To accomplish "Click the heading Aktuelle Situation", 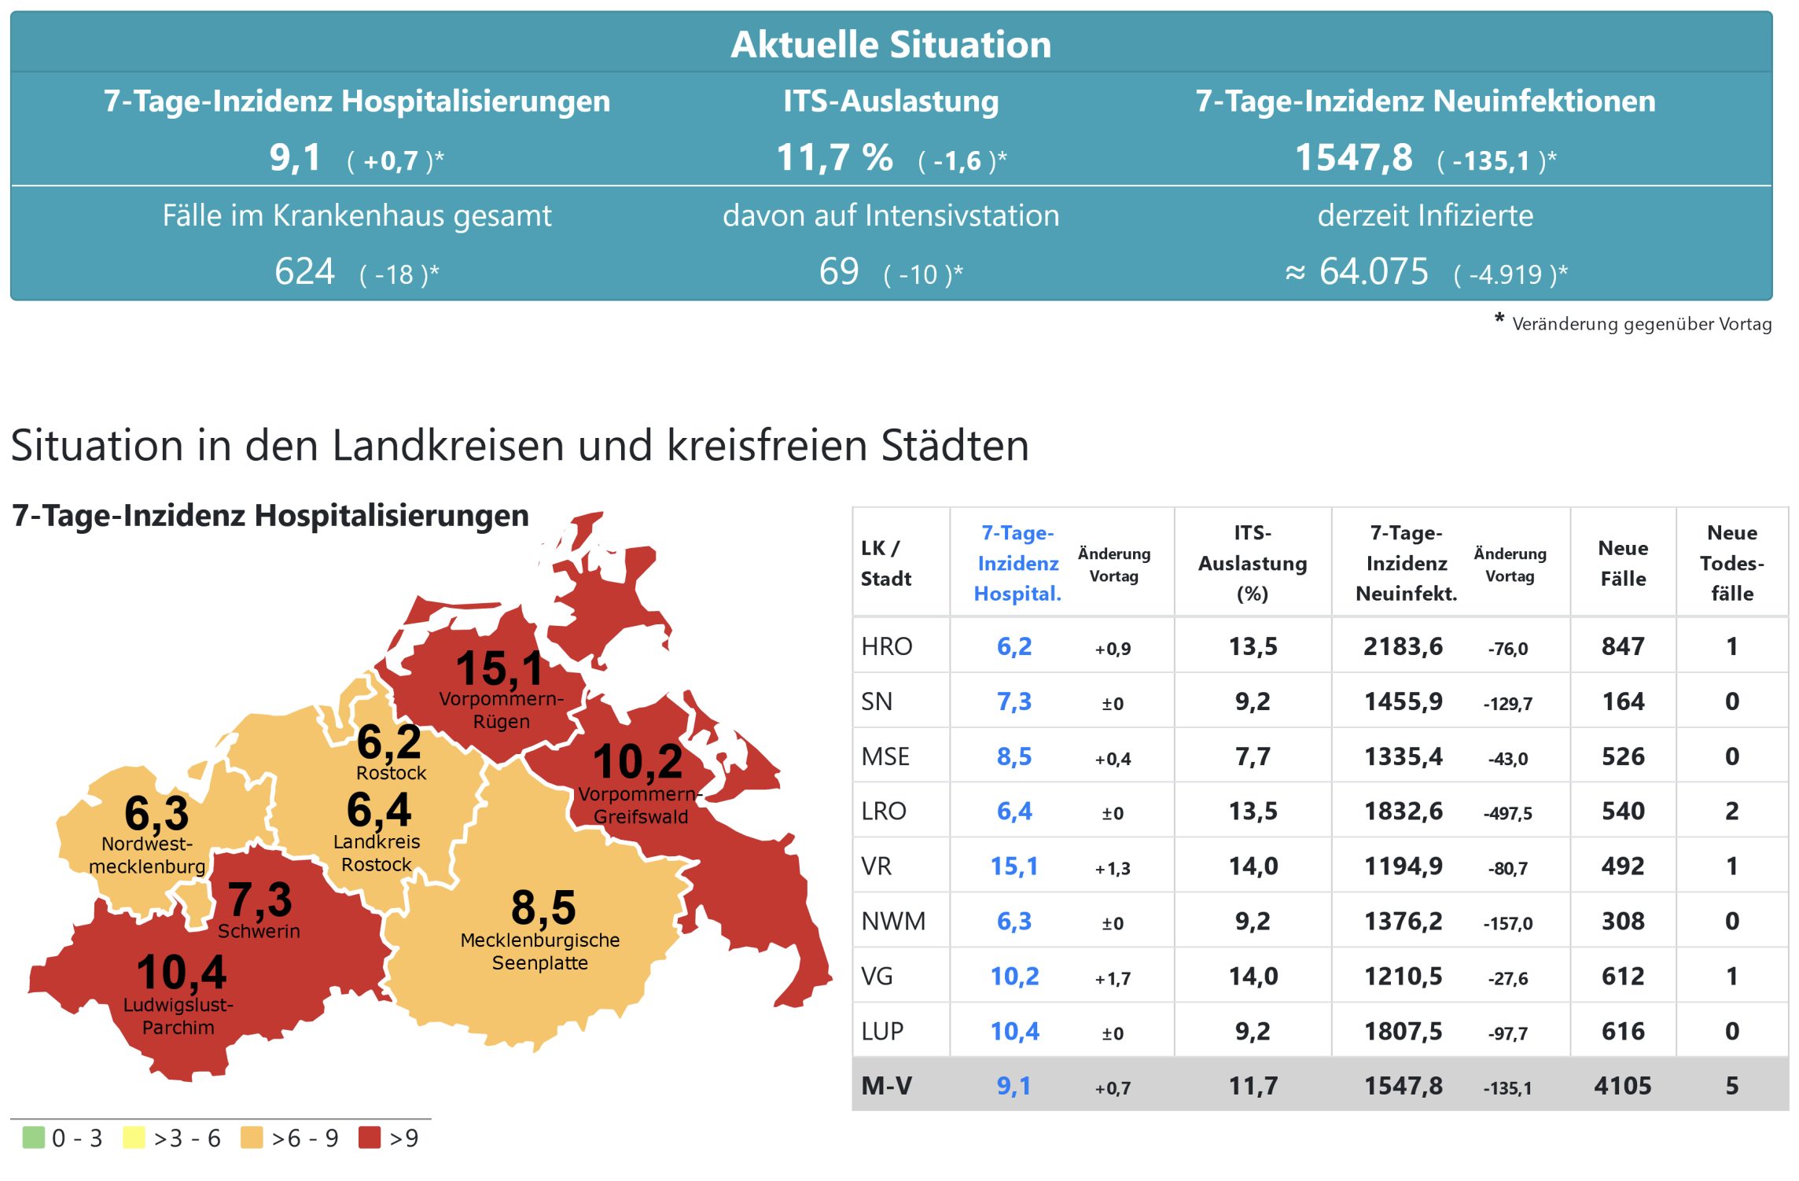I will click(x=891, y=44).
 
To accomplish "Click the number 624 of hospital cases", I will click(x=304, y=272).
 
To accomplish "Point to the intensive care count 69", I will click(x=838, y=272).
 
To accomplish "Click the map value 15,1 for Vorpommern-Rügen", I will click(x=500, y=668).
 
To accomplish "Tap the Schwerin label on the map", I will click(x=259, y=932).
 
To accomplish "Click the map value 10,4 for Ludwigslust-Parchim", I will click(x=182, y=973).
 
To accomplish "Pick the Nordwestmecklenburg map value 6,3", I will click(x=156, y=813).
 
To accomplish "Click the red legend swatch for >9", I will click(x=370, y=1138).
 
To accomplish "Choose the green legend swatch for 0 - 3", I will click(x=34, y=1138).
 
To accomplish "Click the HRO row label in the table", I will click(x=887, y=646).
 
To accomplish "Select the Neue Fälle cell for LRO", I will click(x=1623, y=811).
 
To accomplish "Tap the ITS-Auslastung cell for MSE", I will click(x=1253, y=756).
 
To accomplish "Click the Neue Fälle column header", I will click(x=1623, y=563).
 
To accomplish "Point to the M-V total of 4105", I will click(x=1623, y=1086).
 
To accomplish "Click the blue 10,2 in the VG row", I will click(x=1014, y=977).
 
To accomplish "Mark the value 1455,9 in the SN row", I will click(x=1404, y=701).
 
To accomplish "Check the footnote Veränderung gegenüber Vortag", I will click(x=1641, y=324).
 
